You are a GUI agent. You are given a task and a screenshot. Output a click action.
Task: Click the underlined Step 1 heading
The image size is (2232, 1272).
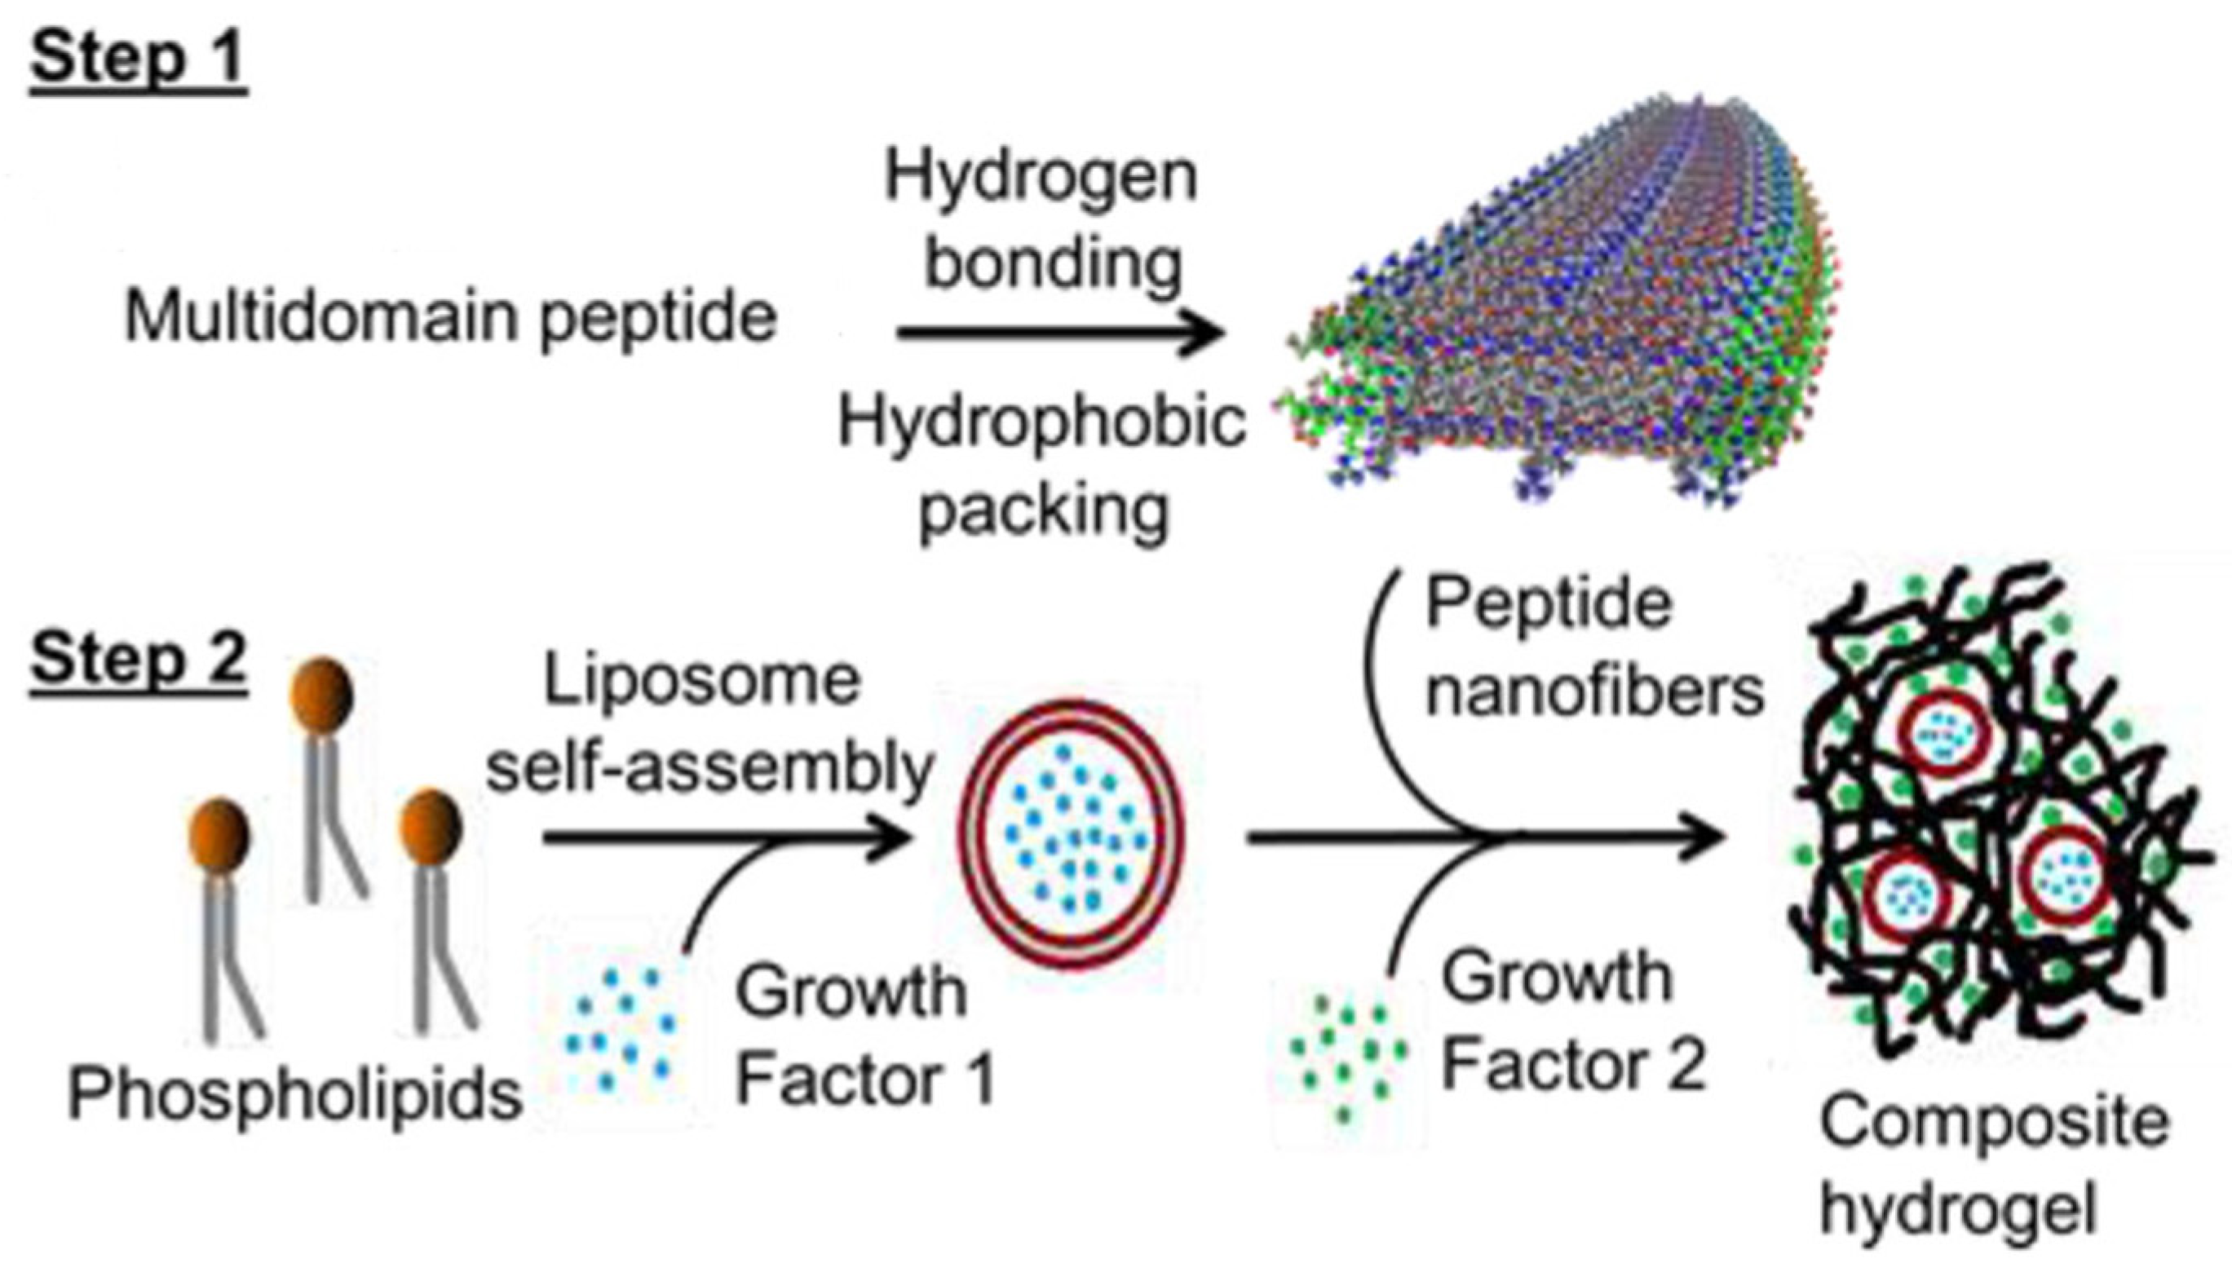click(138, 59)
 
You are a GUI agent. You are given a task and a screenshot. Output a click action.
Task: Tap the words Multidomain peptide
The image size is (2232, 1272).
click(451, 316)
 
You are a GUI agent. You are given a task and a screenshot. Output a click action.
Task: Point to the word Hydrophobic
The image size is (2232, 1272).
click(1041, 424)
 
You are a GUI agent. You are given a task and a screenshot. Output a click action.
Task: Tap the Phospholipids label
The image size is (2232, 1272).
click(295, 1093)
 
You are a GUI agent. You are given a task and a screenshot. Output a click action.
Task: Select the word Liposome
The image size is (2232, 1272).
click(702, 682)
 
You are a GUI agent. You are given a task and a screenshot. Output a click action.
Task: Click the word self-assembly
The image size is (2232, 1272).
click(709, 769)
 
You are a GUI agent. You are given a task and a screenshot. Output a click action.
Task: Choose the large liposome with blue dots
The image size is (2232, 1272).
click(1072, 832)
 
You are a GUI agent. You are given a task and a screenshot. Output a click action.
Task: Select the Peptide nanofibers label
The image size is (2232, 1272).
click(1594, 647)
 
